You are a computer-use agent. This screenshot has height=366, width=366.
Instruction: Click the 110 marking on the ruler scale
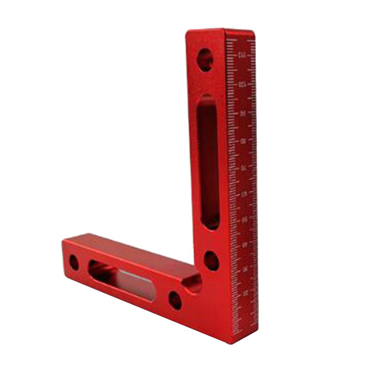pyautogui.click(x=242, y=55)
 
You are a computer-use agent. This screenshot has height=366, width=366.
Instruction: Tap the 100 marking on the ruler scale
pyautogui.click(x=242, y=85)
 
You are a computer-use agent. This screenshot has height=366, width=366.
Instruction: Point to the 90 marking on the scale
pyautogui.click(x=243, y=113)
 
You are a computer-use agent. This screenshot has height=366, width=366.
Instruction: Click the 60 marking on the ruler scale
pyautogui.click(x=244, y=194)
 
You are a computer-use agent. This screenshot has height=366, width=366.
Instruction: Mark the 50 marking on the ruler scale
pyautogui.click(x=245, y=220)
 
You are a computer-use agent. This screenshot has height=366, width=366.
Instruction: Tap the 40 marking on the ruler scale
pyautogui.click(x=245, y=245)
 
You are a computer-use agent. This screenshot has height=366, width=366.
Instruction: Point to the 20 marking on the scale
pyautogui.click(x=246, y=293)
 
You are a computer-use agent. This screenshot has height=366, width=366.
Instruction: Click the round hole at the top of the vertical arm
pyautogui.click(x=205, y=59)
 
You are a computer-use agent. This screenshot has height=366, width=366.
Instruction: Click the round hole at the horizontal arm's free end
pyautogui.click(x=74, y=262)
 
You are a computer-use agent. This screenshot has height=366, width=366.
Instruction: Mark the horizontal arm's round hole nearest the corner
pyautogui.click(x=175, y=300)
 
